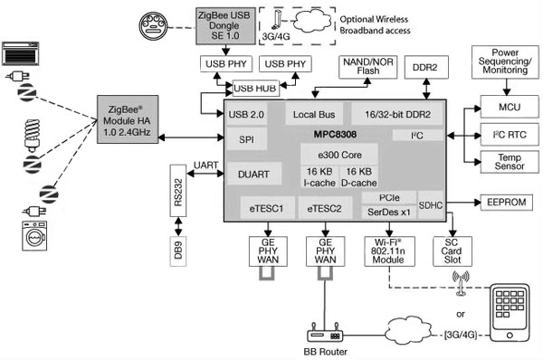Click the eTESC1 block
(x=267, y=209)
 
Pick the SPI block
(x=246, y=140)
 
